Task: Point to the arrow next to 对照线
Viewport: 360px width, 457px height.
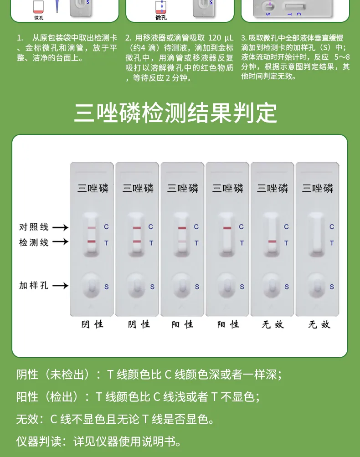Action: [x=60, y=227]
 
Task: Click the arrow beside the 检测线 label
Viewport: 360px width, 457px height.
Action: [x=60, y=242]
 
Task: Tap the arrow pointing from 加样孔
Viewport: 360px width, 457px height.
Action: [x=60, y=286]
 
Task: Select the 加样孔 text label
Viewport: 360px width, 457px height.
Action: [x=34, y=286]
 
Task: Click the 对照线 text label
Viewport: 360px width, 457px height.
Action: [x=34, y=227]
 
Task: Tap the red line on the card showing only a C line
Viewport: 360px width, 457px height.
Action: [x=227, y=228]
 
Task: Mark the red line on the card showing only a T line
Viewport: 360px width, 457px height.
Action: [x=272, y=241]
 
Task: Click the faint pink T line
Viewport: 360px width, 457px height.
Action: [x=182, y=241]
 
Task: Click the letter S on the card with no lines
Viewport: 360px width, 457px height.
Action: [x=332, y=287]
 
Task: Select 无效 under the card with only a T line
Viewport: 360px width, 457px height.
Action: [x=273, y=324]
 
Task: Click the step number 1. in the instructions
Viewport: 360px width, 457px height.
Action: [x=20, y=37]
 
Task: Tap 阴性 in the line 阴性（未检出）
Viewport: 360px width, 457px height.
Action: [x=27, y=375]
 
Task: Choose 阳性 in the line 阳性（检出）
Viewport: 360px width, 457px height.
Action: [x=27, y=397]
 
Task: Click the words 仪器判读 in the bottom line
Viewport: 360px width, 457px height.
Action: [x=38, y=441]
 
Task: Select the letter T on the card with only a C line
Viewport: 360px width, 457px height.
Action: [x=242, y=243]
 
